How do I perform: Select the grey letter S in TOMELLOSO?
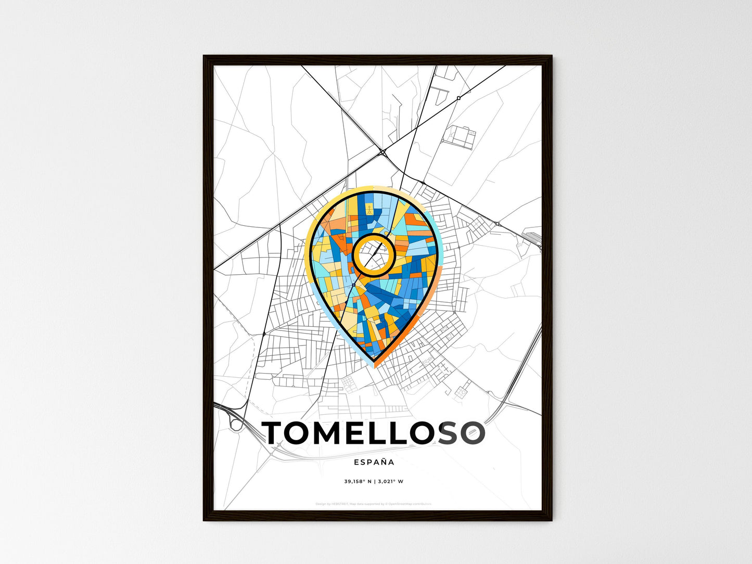(x=449, y=433)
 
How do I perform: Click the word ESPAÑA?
(x=374, y=462)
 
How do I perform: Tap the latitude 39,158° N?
(x=358, y=481)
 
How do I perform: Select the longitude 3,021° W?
(x=391, y=481)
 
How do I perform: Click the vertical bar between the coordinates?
(x=374, y=481)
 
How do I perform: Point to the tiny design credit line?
(x=373, y=504)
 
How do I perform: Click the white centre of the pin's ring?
(x=374, y=254)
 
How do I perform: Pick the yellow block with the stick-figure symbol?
(x=368, y=210)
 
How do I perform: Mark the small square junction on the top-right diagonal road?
(x=458, y=98)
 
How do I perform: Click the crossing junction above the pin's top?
(x=383, y=152)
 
